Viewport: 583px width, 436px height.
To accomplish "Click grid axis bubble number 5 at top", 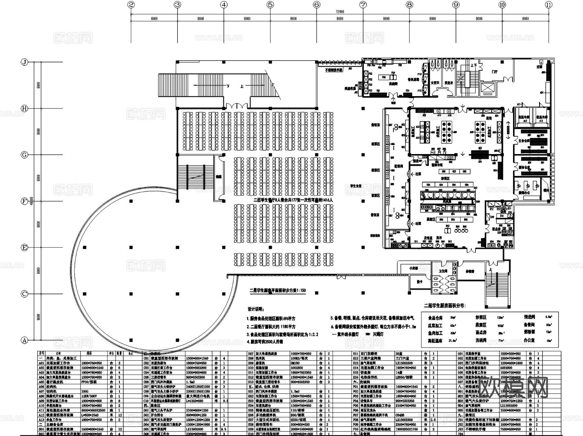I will point(270,5).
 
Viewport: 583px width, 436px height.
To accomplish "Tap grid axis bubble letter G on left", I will point(24,155).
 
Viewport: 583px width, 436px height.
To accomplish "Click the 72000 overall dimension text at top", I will point(340,12).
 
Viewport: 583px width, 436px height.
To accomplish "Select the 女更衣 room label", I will point(435,83).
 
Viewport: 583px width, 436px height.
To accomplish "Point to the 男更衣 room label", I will point(449,83).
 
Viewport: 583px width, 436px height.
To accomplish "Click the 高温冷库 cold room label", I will point(523,117).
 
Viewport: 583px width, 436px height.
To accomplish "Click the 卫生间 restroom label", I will point(443,271).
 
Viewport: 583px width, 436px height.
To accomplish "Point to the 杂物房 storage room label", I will point(470,272).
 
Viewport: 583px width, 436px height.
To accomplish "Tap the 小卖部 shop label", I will point(413,268).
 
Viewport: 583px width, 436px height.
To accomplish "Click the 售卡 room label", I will point(419,282).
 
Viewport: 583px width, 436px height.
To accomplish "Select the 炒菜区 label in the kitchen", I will point(445,178).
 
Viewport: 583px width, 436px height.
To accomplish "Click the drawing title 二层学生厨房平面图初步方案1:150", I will point(277,290).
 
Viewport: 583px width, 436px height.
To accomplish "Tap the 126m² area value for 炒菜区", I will point(500,318).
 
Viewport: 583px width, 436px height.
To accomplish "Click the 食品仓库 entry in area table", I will point(435,318).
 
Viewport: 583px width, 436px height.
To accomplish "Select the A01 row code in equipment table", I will point(41,363).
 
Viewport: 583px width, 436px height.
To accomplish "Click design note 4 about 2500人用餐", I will point(265,341).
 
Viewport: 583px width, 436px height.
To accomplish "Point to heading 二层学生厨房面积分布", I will point(444,306).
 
